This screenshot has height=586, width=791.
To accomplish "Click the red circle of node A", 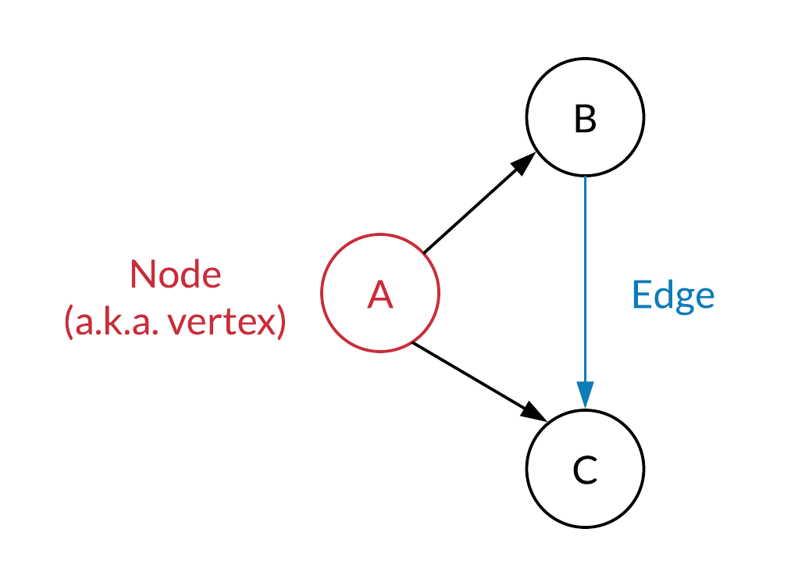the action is (380, 293).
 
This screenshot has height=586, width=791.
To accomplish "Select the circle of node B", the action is (585, 117).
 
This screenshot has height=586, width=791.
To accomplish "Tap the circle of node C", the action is (585, 469).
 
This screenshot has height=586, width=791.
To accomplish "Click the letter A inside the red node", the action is (379, 295).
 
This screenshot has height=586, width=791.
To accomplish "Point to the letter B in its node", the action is (585, 119).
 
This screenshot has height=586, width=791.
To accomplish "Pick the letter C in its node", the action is (585, 470).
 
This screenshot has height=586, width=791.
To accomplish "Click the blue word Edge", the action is (673, 296).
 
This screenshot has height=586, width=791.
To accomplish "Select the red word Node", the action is (176, 274).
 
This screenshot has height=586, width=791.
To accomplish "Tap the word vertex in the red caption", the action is (223, 322).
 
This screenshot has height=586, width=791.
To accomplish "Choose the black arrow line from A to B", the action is (479, 203).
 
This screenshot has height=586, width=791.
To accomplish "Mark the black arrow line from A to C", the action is (479, 381).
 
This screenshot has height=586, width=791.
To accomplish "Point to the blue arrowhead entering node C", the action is (585, 395).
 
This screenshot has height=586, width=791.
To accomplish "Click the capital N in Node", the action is (142, 274).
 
